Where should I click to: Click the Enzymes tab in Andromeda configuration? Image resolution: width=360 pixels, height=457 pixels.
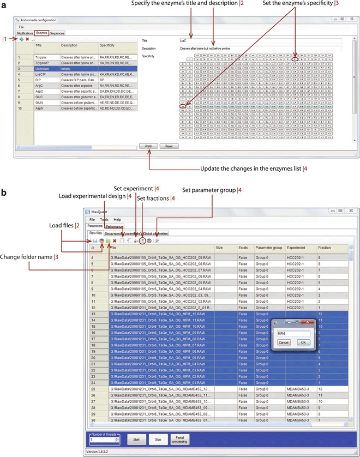[x=41, y=33]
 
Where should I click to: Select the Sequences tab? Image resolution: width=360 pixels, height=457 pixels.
[x=57, y=33]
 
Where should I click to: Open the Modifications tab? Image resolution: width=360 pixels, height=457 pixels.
[x=25, y=33]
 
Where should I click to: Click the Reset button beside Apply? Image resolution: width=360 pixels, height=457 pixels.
[x=169, y=146]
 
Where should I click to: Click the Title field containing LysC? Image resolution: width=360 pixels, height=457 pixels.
[x=260, y=40]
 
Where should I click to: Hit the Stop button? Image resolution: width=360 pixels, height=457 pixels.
[x=157, y=438]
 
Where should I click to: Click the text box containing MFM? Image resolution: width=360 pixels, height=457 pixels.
[x=293, y=333]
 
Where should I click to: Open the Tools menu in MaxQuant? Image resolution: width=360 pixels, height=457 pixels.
[x=104, y=219]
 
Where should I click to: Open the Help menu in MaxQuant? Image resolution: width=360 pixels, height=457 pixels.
[x=117, y=219]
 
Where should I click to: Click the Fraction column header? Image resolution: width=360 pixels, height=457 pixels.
[x=325, y=247]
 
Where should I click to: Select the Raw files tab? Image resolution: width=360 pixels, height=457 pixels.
[x=96, y=233]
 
